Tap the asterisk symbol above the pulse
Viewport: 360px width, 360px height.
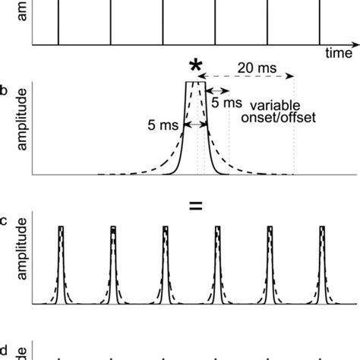195,68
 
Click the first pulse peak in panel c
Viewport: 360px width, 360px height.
61,227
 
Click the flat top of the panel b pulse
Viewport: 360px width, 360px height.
193,82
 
